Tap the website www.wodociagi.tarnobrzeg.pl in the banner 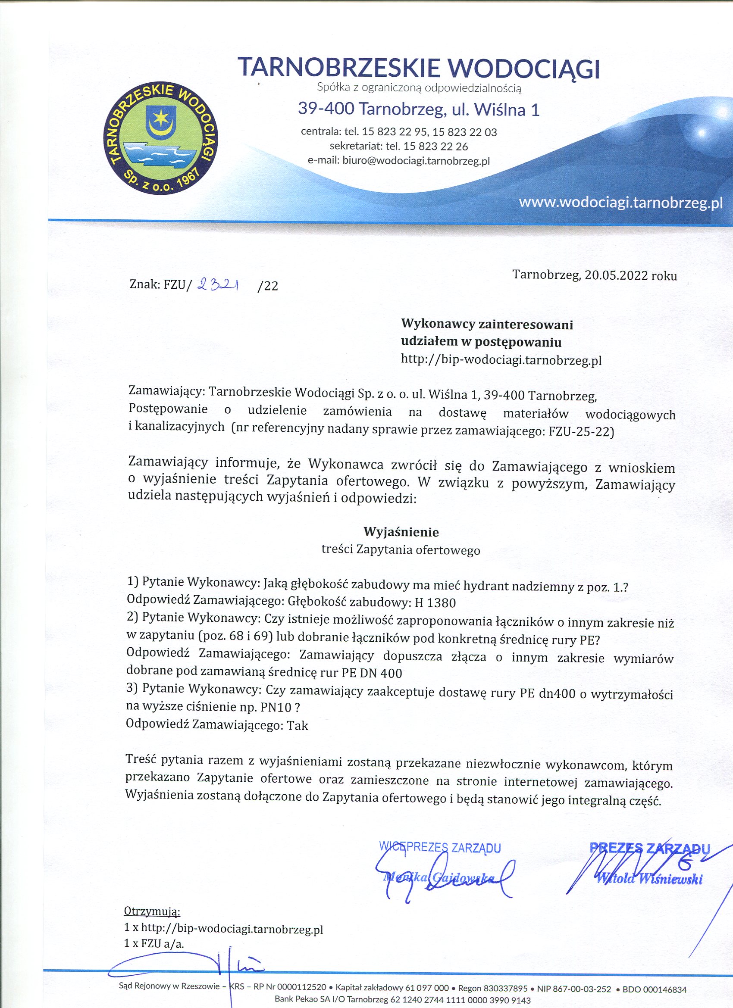(x=620, y=203)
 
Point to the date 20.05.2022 (x=616, y=275)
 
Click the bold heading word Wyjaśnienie (x=401, y=532)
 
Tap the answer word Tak (x=298, y=726)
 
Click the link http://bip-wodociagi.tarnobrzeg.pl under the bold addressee (x=501, y=360)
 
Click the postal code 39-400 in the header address (x=326, y=109)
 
